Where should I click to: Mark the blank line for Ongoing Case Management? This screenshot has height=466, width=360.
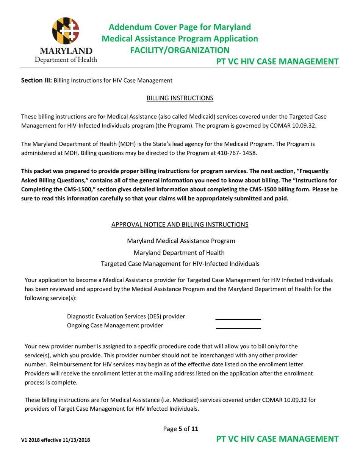point(238,328)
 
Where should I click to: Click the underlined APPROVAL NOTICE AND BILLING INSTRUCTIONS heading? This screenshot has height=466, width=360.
point(180,224)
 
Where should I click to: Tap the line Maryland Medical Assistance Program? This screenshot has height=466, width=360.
point(180,241)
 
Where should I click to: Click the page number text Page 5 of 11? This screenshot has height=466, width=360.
point(180,429)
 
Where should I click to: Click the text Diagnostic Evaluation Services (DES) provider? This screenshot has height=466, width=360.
point(126,316)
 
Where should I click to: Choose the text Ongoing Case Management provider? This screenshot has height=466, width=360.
point(115,325)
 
